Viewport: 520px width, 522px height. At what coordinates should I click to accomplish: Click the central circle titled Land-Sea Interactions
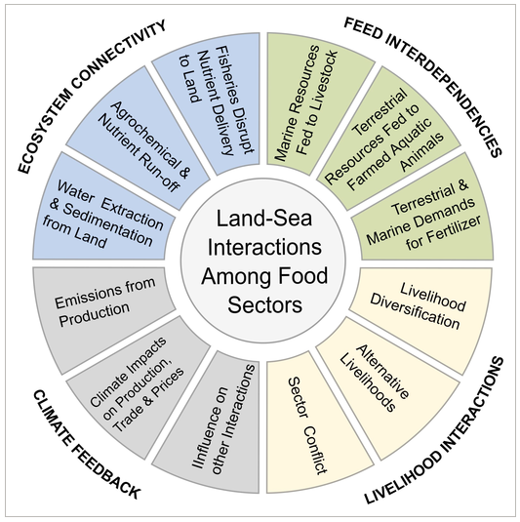tap(263, 261)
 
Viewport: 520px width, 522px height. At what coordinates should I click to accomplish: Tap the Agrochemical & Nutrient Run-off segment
tap(140, 140)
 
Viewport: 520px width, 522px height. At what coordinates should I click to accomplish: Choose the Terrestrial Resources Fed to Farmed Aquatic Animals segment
tap(386, 140)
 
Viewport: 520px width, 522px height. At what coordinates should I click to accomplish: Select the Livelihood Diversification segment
tap(421, 308)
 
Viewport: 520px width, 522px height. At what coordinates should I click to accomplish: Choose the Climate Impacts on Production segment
tap(140, 382)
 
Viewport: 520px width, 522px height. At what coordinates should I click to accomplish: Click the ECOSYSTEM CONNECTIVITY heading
tap(93, 97)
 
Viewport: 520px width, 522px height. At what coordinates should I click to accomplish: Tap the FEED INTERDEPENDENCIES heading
tap(422, 87)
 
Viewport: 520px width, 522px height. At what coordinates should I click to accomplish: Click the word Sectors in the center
tap(265, 304)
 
